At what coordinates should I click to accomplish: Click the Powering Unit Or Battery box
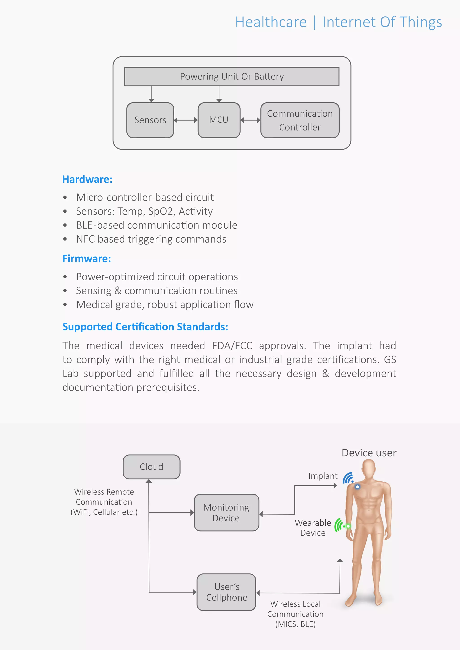click(x=232, y=77)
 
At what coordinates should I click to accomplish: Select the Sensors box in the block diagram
click(x=150, y=120)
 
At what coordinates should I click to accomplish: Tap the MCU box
click(x=219, y=120)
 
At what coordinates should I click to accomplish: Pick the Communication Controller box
click(x=300, y=120)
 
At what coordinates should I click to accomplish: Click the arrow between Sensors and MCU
click(x=186, y=120)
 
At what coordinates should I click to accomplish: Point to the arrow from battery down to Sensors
click(x=151, y=94)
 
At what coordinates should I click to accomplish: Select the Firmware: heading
click(x=86, y=259)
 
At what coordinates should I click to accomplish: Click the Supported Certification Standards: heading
click(x=145, y=327)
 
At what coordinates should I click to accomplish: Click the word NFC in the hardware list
click(x=85, y=239)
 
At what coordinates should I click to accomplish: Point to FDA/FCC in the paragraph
click(x=232, y=346)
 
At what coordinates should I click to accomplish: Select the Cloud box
click(x=151, y=467)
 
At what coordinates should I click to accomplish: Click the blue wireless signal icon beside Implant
click(x=348, y=478)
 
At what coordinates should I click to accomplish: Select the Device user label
click(x=369, y=453)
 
